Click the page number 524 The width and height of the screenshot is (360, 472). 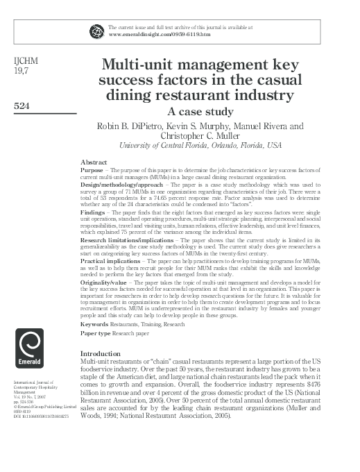24,107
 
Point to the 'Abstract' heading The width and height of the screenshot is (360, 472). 94,160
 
